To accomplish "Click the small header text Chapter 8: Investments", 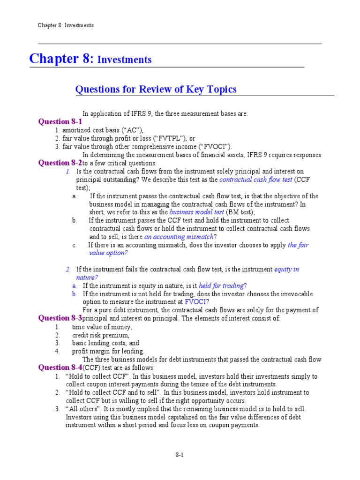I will click(66, 25).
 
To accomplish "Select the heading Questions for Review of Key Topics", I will click(156, 89).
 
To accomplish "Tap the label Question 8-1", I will click(60, 122).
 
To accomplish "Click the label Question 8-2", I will click(60, 163).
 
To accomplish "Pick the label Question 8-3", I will click(60, 318).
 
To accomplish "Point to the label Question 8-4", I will click(60, 367).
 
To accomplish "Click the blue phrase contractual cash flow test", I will click(255, 180).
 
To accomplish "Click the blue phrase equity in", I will click(286, 270).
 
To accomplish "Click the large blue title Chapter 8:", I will click(61, 59).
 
